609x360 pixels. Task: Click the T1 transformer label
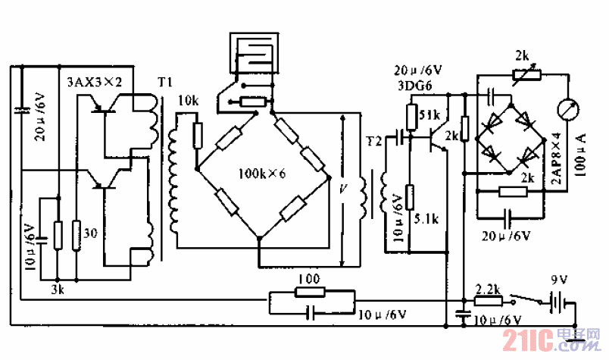[x=164, y=81]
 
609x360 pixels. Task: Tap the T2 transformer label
[x=373, y=141]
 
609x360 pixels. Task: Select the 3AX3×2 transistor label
[x=95, y=80]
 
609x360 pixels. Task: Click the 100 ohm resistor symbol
[x=308, y=292]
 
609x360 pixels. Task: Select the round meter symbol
[x=567, y=110]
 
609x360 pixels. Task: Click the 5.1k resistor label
[x=428, y=221]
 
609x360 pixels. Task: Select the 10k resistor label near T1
[x=189, y=100]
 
